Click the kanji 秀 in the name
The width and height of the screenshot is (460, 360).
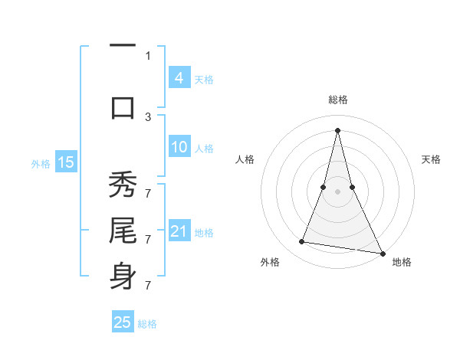tap(123, 187)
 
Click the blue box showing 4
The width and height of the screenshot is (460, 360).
tap(179, 77)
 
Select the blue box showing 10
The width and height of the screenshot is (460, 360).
tap(179, 147)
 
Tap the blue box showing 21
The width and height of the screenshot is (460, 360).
tap(179, 231)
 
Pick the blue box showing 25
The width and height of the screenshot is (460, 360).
tap(123, 322)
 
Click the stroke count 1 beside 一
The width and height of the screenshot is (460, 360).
tap(148, 55)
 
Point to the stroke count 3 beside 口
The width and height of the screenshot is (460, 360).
tap(148, 116)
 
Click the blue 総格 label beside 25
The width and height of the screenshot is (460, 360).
tap(148, 324)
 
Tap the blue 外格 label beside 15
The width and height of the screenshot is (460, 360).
tap(41, 163)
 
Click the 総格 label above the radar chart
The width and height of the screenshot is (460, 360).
tap(338, 100)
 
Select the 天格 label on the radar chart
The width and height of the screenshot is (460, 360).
tap(432, 159)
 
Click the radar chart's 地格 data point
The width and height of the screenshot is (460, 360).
tap(383, 254)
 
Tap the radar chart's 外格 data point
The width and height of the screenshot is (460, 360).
tap(302, 242)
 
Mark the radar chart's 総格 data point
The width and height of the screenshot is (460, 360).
tap(338, 130)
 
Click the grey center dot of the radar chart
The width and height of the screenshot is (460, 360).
tap(338, 191)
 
